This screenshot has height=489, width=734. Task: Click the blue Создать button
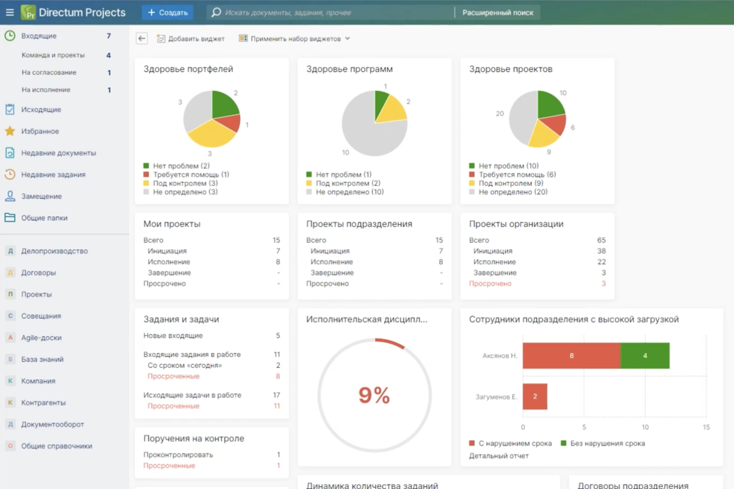tap(168, 12)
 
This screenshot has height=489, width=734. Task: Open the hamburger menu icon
tap(10, 12)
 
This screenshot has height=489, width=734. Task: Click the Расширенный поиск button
tap(497, 12)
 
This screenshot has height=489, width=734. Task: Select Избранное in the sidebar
tap(40, 131)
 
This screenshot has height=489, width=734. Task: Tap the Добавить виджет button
tap(191, 39)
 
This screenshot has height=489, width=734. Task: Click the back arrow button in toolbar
tap(142, 38)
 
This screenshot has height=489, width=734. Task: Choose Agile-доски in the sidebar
tap(41, 338)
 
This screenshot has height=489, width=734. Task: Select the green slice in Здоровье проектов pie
tap(550, 103)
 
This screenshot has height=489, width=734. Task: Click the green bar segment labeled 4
tap(645, 356)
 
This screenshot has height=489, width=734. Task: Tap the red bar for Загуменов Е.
tap(535, 397)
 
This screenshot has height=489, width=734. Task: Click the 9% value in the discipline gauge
tap(374, 395)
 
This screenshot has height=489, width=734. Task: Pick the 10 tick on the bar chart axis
tap(645, 427)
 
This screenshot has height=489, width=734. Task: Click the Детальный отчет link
tap(499, 455)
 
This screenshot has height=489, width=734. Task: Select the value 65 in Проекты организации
tap(601, 240)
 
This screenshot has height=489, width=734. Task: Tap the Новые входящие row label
tap(173, 336)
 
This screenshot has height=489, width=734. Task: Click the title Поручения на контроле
tap(194, 438)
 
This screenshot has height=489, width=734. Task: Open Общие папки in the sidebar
tap(44, 218)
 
